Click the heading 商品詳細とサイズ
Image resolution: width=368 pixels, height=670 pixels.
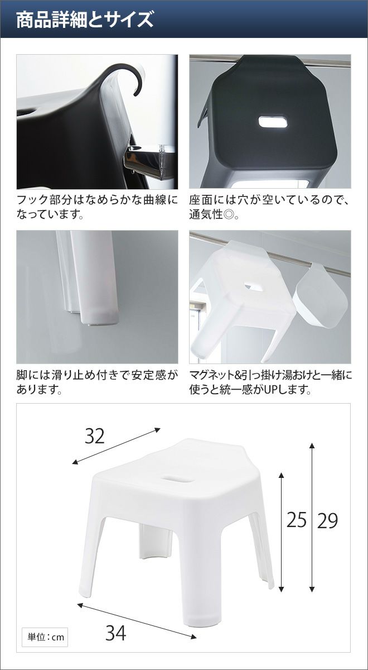pos(85,20)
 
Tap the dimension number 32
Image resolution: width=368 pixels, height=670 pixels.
pos(94,436)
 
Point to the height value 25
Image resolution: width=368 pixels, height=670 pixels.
pos(297,519)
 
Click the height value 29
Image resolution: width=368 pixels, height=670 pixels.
pos(327,520)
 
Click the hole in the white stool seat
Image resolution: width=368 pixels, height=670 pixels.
pos(178,478)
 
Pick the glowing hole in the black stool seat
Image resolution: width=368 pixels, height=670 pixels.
pos(273,122)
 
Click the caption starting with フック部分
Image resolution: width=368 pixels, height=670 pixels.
pos(97,207)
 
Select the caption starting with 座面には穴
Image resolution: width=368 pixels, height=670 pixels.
pos(269,207)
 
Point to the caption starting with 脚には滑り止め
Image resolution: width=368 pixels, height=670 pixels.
pos(97,382)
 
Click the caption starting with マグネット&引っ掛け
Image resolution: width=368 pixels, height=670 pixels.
pos(270,382)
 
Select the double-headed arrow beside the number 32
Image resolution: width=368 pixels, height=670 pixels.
pos(117,446)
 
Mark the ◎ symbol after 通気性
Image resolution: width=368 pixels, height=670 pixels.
pos(227,214)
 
